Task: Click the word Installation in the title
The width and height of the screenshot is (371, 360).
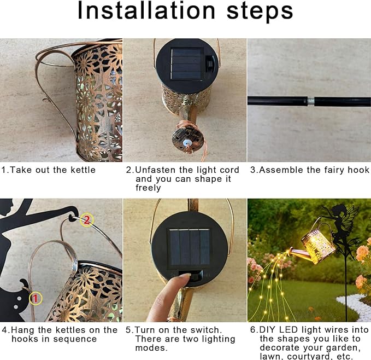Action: pos(146,10)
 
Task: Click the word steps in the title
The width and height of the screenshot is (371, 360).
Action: pos(260,12)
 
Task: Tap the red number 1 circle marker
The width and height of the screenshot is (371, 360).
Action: pos(36,298)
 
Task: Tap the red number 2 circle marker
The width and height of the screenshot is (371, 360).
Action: pos(87,220)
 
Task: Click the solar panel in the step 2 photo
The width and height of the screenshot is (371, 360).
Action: pos(187,64)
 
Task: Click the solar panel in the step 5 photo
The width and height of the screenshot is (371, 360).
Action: pos(190,247)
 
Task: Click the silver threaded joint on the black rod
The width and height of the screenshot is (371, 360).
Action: pos(311,101)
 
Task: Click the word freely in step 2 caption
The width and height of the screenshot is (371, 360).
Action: pos(148,188)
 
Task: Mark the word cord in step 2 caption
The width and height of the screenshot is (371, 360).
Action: pos(229,170)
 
